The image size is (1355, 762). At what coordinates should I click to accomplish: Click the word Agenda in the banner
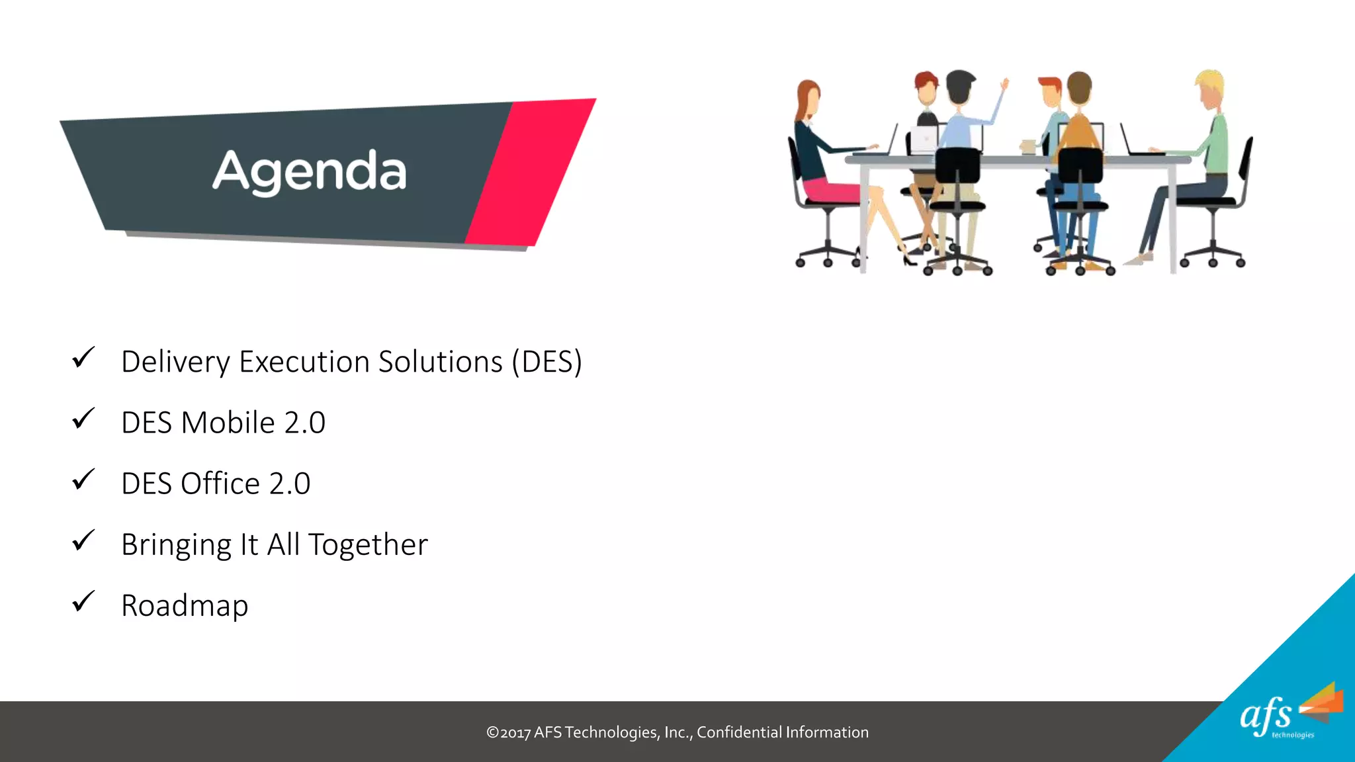pos(309,171)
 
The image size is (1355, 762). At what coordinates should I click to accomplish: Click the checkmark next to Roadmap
pos(83,602)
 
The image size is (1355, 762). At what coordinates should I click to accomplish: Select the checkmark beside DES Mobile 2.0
pos(83,419)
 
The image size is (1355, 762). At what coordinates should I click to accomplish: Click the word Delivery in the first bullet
pos(175,362)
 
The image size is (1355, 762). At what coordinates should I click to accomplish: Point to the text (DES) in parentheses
pos(546,362)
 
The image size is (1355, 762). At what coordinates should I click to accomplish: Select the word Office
pos(220,484)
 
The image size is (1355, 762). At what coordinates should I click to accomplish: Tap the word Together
pos(368,544)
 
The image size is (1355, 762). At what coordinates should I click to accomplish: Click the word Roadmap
pos(185,606)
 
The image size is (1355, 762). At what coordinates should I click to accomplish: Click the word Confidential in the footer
pos(739,732)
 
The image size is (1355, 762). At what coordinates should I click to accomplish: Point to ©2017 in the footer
pos(508,732)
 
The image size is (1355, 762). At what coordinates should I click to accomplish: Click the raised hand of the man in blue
pos(1004,84)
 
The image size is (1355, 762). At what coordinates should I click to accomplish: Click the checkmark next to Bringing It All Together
pos(83,541)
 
